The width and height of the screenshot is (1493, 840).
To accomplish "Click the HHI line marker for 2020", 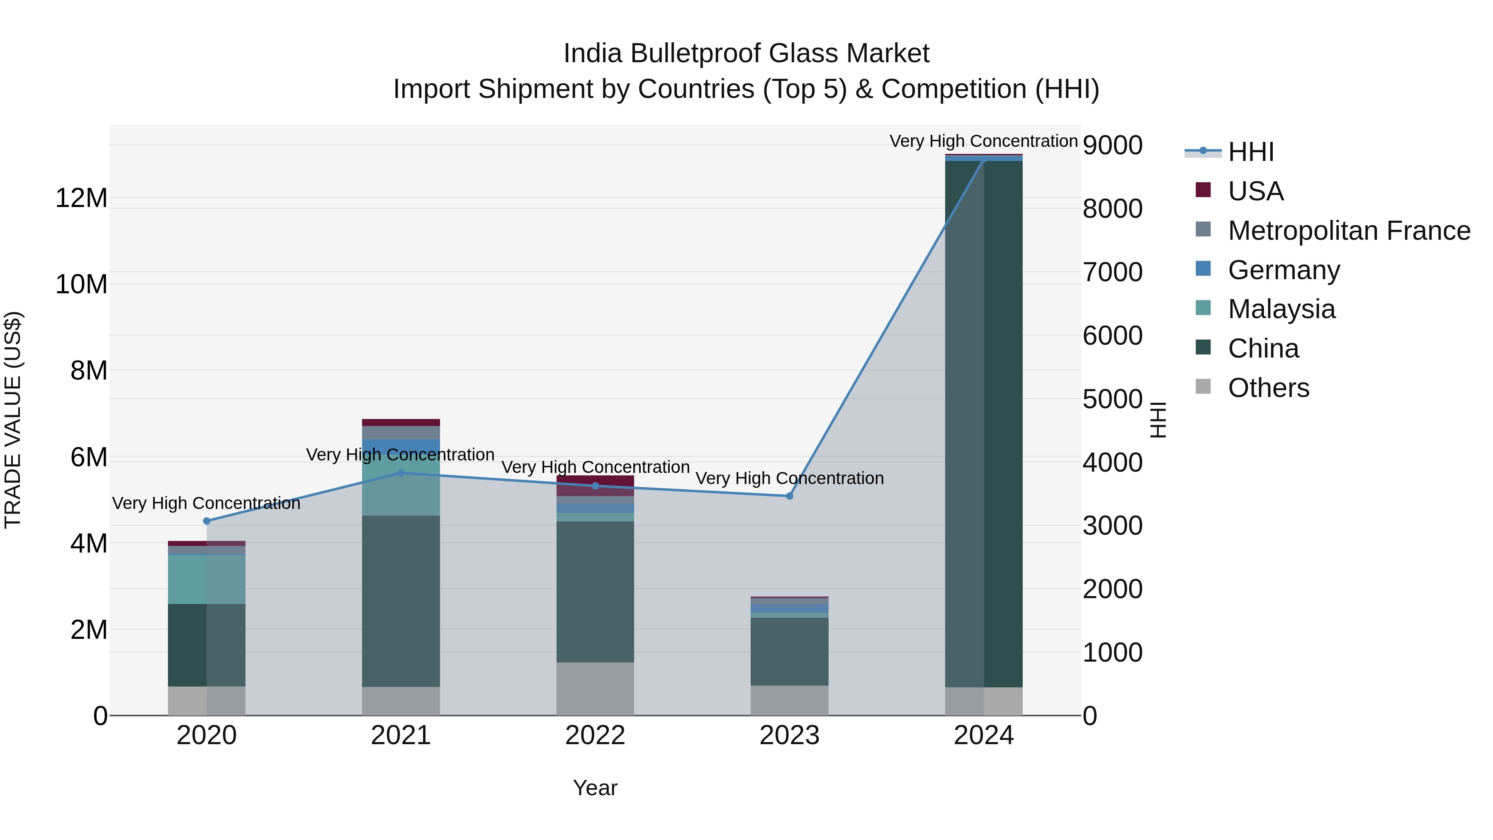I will pyautogui.click(x=207, y=521).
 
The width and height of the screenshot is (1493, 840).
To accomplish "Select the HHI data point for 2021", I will pyautogui.click(x=401, y=473).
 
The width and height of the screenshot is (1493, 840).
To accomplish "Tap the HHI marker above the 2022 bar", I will pyautogui.click(x=595, y=486).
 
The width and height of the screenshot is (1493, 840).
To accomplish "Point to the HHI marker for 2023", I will pyautogui.click(x=789, y=496).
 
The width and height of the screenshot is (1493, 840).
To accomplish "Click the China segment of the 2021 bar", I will pyautogui.click(x=401, y=601).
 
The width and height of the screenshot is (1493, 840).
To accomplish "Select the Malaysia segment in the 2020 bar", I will pyautogui.click(x=207, y=579).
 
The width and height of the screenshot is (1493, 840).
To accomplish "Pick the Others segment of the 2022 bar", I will pyautogui.click(x=595, y=689).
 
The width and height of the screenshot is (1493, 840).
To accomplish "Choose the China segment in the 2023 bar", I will pyautogui.click(x=789, y=652).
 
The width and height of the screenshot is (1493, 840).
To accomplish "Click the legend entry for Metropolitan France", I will pyautogui.click(x=1349, y=231).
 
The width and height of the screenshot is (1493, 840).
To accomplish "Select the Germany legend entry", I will pyautogui.click(x=1284, y=270).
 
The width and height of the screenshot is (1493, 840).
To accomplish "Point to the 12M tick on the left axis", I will pyautogui.click(x=81, y=198).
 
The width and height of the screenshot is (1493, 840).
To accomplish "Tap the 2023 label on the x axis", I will pyautogui.click(x=789, y=735).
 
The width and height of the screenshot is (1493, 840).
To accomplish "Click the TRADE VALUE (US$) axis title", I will pyautogui.click(x=13, y=420).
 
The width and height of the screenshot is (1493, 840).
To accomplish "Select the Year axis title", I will pyautogui.click(x=595, y=788).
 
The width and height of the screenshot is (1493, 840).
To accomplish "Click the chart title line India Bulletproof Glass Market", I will pyautogui.click(x=746, y=54).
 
